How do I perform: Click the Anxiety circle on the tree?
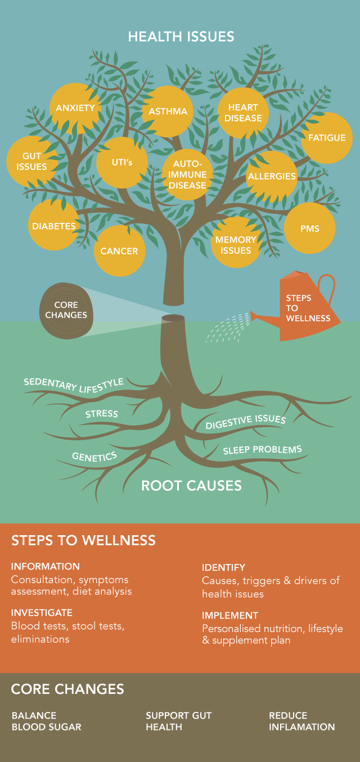[x=75, y=107]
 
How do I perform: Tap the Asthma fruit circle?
[x=168, y=111]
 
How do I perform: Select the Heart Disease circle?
[x=244, y=113]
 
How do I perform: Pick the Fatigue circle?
[x=327, y=138]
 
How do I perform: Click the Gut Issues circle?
[x=31, y=161]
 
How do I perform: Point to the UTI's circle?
[x=121, y=163]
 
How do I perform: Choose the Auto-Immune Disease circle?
[x=187, y=174]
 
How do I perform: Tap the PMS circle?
[x=309, y=228]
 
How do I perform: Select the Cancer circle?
[x=119, y=251]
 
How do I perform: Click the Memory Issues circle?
[x=236, y=245]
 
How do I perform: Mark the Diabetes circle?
[x=54, y=226]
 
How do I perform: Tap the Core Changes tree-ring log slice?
[x=66, y=310]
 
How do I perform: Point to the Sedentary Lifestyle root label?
[x=74, y=384]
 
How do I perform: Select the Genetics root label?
[x=94, y=456]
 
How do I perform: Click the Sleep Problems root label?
[x=262, y=450]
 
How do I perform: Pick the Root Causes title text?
[x=191, y=485]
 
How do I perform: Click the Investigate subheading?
[x=42, y=612]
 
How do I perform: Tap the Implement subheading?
[x=230, y=616]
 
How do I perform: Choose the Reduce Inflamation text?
[x=301, y=721]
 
